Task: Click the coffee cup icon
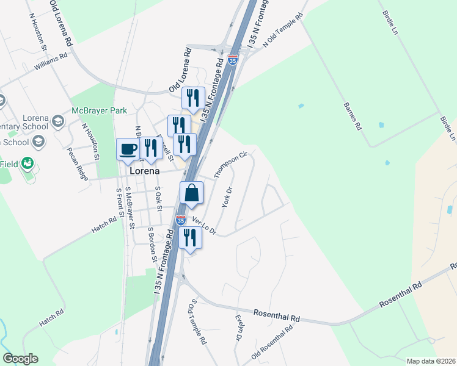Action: coord(128,149)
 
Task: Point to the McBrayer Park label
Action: coord(98,110)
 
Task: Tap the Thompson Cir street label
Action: coord(230,165)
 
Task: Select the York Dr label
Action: coord(228,197)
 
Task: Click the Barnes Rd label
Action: coord(353,117)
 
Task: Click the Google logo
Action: coord(20,359)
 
